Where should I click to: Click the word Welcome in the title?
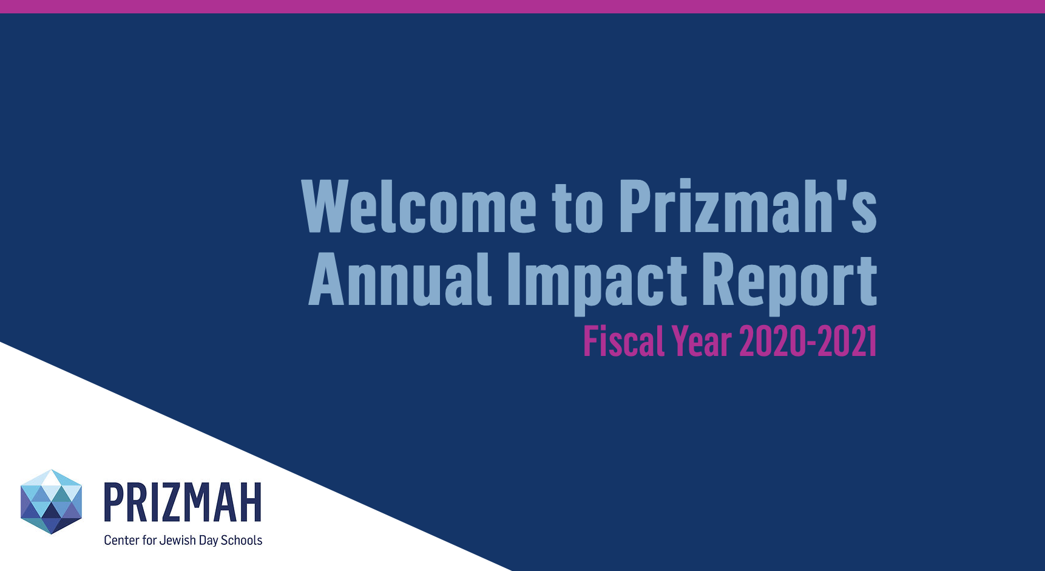(419, 207)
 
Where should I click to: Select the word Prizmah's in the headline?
(748, 207)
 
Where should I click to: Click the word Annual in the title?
(400, 279)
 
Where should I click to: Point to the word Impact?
(597, 282)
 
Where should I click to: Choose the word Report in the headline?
(790, 282)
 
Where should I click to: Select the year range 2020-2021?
(808, 341)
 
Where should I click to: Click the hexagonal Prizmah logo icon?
(51, 502)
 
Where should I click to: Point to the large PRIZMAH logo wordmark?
(183, 502)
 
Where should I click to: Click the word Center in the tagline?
(121, 540)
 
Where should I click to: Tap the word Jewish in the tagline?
(177, 540)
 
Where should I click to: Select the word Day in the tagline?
(208, 541)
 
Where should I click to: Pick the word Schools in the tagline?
(242, 540)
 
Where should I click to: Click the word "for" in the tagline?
(149, 540)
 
